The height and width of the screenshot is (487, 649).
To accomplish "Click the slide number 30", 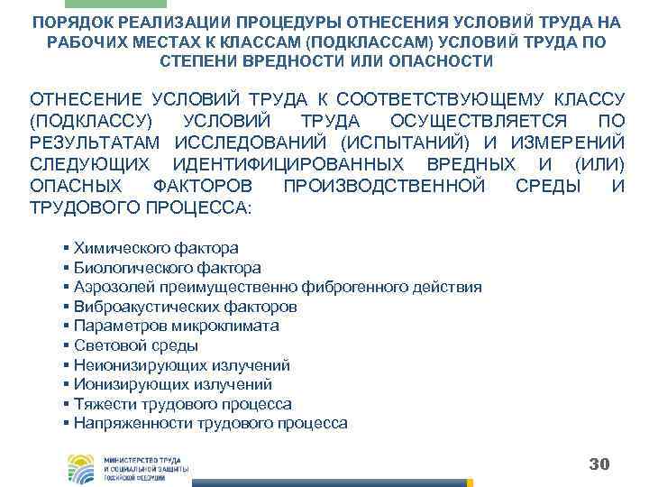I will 599,464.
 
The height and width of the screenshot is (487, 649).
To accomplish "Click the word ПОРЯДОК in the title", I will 77,22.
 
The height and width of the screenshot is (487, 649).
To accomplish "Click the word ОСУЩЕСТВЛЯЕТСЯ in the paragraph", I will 479,121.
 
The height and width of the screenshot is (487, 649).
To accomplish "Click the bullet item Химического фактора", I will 155,248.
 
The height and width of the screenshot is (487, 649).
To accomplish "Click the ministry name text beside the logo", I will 144,467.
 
